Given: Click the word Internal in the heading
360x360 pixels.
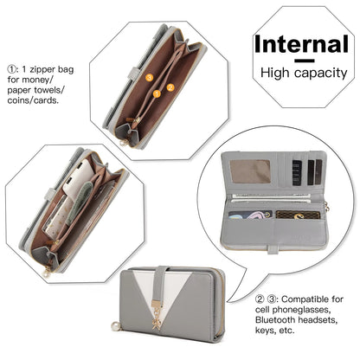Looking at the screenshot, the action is click(x=301, y=44).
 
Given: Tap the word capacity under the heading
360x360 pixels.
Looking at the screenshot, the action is click(x=321, y=74).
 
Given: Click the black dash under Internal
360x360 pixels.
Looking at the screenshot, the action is click(x=305, y=61).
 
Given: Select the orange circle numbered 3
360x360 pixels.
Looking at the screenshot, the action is click(x=149, y=77).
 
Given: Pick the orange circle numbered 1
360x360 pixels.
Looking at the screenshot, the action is click(x=157, y=93).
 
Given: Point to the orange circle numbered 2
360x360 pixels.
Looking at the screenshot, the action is click(x=170, y=87).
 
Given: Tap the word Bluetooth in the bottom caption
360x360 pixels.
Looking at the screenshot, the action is click(x=275, y=320).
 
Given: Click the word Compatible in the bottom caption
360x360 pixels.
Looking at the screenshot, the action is click(x=305, y=299).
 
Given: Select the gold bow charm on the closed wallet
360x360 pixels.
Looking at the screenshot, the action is click(x=157, y=323).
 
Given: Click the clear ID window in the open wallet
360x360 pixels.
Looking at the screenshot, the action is click(x=250, y=171).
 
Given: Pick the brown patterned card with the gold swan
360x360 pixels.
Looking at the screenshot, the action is click(x=298, y=215).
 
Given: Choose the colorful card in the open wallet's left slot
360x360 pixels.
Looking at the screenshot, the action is click(x=250, y=215).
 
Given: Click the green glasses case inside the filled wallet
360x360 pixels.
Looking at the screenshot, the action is click(x=79, y=203).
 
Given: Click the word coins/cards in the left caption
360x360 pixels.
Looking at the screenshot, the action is click(x=33, y=100).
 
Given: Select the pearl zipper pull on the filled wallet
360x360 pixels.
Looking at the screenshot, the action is click(x=46, y=273).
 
